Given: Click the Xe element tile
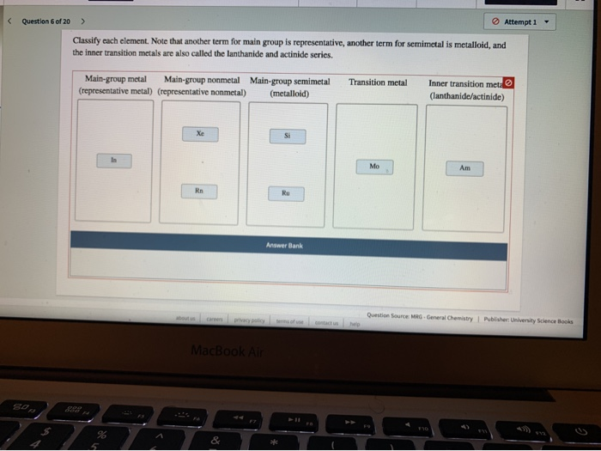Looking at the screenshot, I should click(x=201, y=134).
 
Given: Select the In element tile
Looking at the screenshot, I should click(x=113, y=160).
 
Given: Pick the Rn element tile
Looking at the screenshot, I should click(x=201, y=190).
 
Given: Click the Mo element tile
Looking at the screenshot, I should click(x=374, y=166).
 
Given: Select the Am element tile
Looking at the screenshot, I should click(x=465, y=168).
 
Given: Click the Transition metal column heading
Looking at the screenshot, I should click(x=378, y=82).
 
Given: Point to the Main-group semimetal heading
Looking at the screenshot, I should click(x=289, y=87).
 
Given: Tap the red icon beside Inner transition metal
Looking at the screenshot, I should click(x=507, y=82).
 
